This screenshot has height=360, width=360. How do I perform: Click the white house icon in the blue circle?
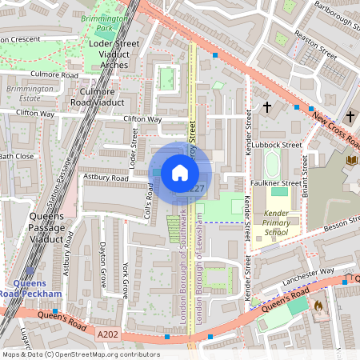tap(180, 173)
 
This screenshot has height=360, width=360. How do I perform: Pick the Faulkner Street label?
tap(278, 182)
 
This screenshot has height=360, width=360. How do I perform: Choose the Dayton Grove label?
tap(102, 262)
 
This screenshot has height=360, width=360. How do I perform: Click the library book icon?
tap(350, 160)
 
